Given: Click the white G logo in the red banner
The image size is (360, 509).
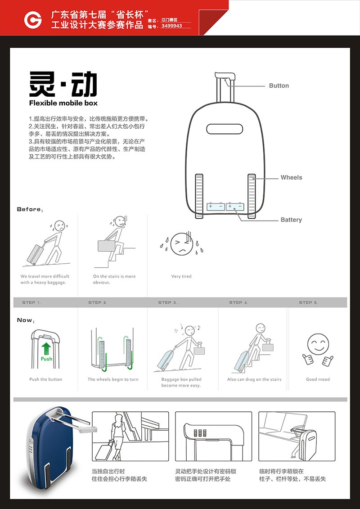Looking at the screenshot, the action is pyautogui.click(x=33, y=20).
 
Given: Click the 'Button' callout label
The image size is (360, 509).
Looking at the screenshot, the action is pyautogui.click(x=279, y=86).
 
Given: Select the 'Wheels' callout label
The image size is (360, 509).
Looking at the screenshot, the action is pyautogui.click(x=292, y=178).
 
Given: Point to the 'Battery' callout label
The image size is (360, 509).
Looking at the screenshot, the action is pyautogui.click(x=291, y=220).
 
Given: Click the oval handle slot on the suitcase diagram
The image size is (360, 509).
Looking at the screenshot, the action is pyautogui.click(x=225, y=129).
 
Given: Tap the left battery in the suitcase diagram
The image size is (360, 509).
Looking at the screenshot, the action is pyautogui.click(x=216, y=207).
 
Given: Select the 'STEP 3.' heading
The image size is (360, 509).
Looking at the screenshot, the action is pyautogui.click(x=167, y=302).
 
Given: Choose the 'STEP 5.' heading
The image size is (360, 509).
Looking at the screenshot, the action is pyautogui.click(x=308, y=302).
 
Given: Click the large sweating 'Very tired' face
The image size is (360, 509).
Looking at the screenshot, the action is pyautogui.click(x=182, y=244).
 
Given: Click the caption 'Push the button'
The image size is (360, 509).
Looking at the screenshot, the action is pyautogui.click(x=46, y=379).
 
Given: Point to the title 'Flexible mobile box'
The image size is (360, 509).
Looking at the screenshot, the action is pyautogui.click(x=63, y=103).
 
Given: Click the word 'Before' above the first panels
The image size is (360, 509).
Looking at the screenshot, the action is pyautogui.click(x=29, y=209).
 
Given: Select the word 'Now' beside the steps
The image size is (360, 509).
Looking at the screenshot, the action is pyautogui.click(x=25, y=320).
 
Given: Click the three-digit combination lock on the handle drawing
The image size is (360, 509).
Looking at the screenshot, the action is pyautogui.click(x=200, y=433).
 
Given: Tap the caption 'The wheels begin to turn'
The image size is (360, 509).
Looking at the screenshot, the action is pyautogui.click(x=113, y=379).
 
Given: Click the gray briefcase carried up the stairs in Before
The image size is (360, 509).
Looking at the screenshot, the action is pyautogui.click(x=107, y=246).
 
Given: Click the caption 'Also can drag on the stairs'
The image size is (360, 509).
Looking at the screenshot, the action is pyautogui.click(x=255, y=379).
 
